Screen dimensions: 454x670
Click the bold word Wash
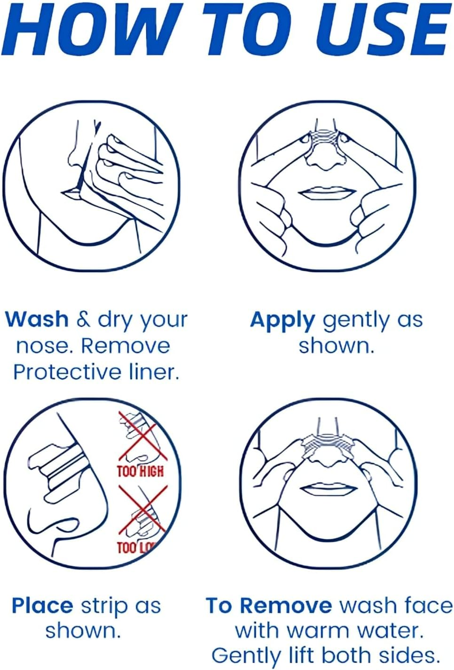pos(37,319)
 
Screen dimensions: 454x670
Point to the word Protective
pos(67,372)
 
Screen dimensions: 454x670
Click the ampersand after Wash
pos(83,319)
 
